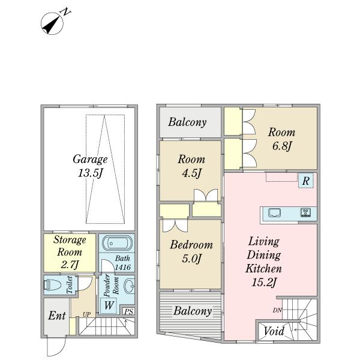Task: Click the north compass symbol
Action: tap(52, 23)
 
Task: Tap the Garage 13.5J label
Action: tap(90, 166)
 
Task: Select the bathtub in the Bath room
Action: tap(117, 243)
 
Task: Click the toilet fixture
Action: tap(52, 285)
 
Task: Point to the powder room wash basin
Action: tap(129, 286)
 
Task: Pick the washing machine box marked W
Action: tap(109, 305)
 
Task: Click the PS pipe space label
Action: tap(129, 311)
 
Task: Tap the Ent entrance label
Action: tap(57, 316)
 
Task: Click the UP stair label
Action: tap(86, 314)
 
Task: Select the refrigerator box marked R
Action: tap(305, 181)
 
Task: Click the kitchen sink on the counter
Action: tap(274, 212)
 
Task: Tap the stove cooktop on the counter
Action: tap(305, 212)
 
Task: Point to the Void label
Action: tap(274, 331)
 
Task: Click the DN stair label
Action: tap(277, 310)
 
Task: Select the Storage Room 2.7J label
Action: tap(70, 252)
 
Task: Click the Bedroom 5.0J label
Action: tap(191, 252)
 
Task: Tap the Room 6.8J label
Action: tap(281, 139)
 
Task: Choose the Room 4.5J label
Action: tap(191, 166)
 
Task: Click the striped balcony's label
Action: tap(193, 311)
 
